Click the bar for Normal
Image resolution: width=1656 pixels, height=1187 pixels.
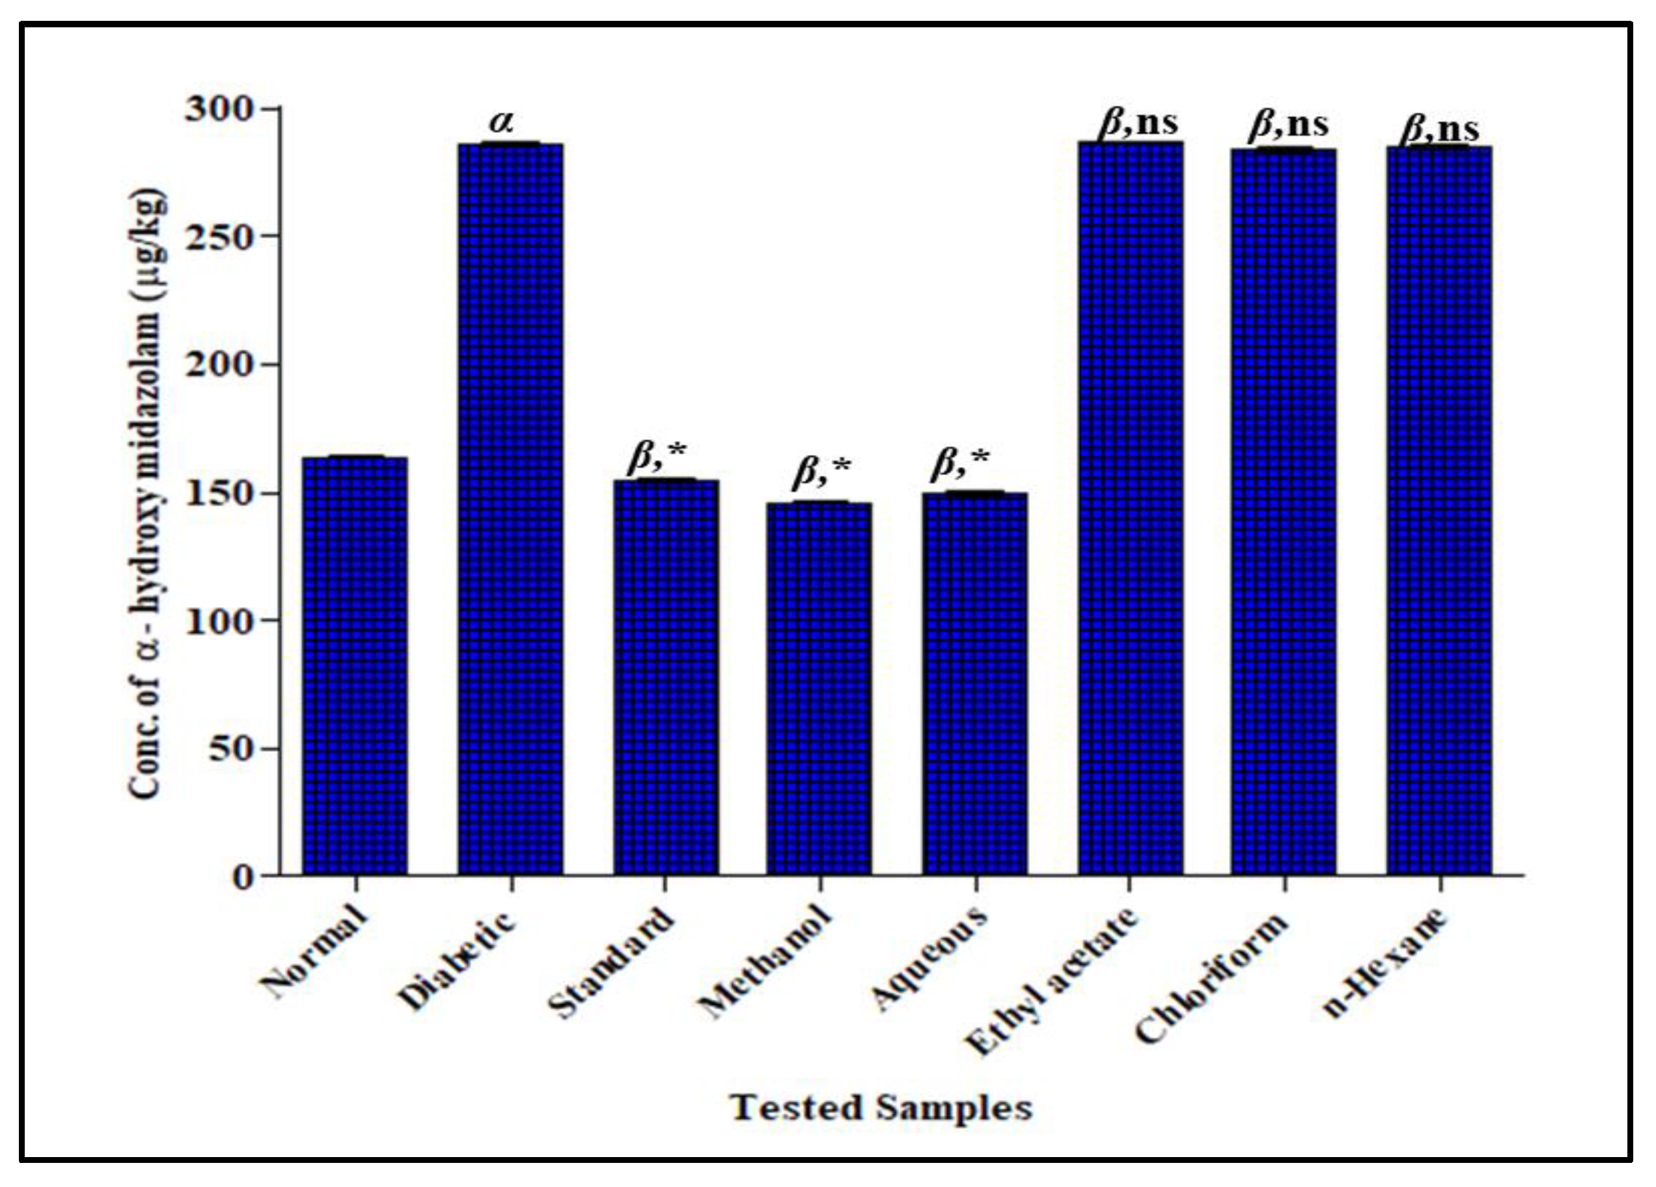click(x=355, y=665)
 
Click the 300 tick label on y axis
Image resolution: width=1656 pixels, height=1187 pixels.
click(x=218, y=109)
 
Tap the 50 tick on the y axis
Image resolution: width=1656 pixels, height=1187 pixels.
click(x=230, y=748)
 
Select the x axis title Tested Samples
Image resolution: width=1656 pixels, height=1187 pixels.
click(x=881, y=1108)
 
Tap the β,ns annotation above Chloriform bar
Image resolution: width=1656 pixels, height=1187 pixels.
click(x=1289, y=126)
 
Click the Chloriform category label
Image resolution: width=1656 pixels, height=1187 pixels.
click(x=1212, y=979)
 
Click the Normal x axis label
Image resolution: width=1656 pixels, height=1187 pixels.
click(x=312, y=952)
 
